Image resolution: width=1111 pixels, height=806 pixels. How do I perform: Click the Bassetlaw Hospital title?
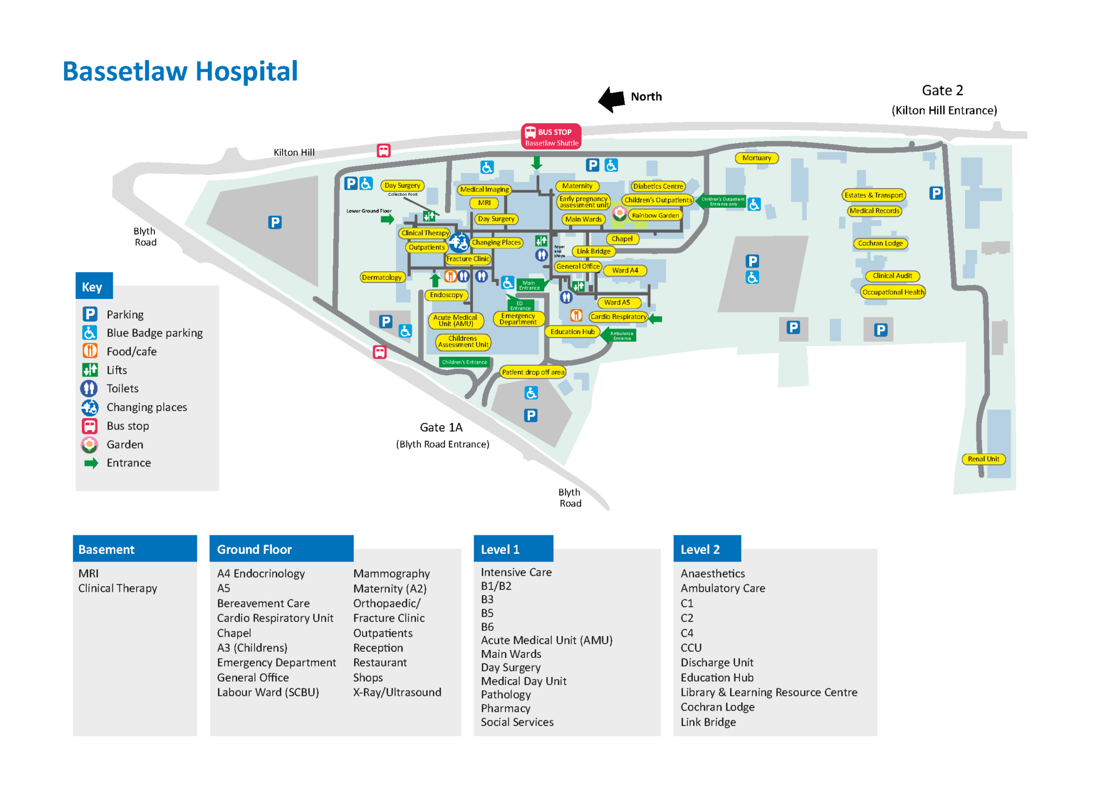click(x=180, y=72)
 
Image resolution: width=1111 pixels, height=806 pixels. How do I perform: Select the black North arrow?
click(x=612, y=99)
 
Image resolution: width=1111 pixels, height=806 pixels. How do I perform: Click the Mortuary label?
click(x=756, y=158)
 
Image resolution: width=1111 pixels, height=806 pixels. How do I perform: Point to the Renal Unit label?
click(x=983, y=459)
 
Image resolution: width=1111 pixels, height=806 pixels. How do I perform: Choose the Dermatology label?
click(x=382, y=277)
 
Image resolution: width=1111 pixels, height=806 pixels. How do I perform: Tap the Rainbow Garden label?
click(x=655, y=215)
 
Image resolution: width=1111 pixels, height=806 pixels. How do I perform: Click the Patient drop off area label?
click(x=533, y=372)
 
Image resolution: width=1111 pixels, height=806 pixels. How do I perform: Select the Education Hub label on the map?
click(x=572, y=331)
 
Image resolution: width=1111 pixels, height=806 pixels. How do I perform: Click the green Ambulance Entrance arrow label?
click(x=621, y=335)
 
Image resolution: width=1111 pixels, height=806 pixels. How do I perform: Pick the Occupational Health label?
click(x=893, y=292)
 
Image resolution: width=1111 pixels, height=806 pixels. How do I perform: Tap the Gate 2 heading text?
click(x=942, y=91)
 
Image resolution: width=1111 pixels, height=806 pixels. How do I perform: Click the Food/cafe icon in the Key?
click(x=90, y=351)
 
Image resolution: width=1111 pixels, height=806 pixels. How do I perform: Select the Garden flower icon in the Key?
click(x=90, y=445)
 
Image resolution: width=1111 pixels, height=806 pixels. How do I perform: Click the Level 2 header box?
click(x=706, y=549)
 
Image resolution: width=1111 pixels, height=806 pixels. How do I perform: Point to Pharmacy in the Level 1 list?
click(x=505, y=708)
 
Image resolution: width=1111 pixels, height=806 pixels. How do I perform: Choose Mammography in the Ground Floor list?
click(x=391, y=573)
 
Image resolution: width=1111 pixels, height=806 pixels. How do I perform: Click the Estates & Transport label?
click(x=873, y=195)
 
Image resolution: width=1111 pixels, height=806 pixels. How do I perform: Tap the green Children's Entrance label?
click(x=464, y=362)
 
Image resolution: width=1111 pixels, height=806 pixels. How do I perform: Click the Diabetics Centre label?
click(x=657, y=186)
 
